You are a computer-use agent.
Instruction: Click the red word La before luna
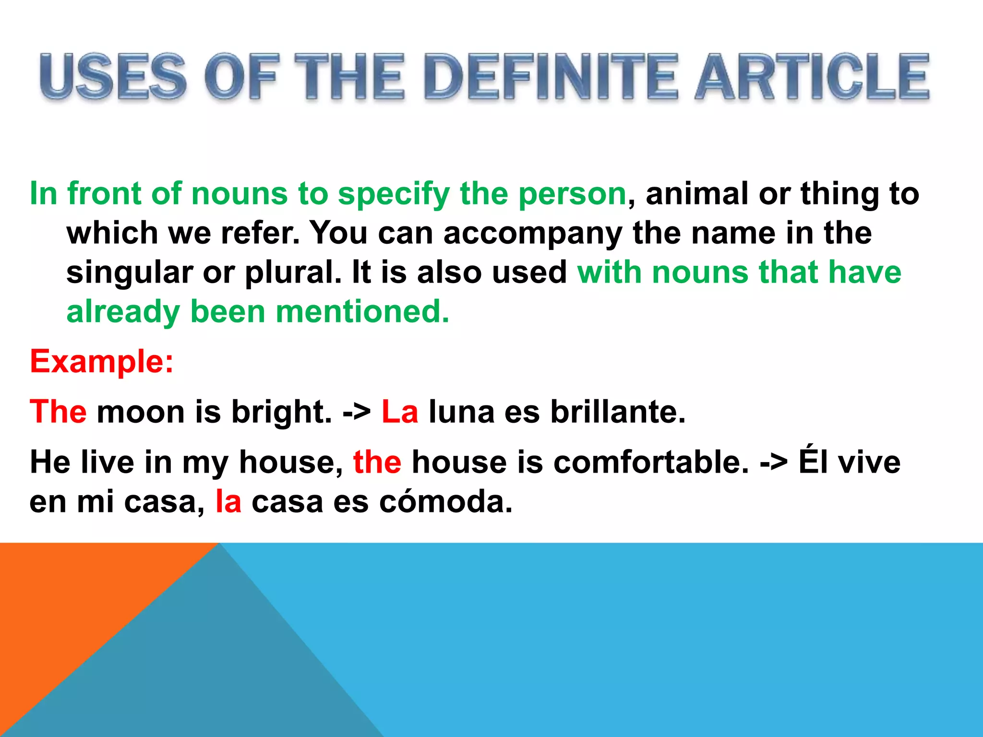click(400, 412)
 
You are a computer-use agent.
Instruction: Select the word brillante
click(618, 412)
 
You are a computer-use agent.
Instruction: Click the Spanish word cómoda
click(446, 502)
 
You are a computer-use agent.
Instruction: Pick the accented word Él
click(813, 462)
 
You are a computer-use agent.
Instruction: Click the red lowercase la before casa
click(228, 502)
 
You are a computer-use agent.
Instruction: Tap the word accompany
click(532, 234)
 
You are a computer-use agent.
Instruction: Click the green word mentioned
click(362, 312)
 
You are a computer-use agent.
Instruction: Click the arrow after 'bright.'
click(357, 413)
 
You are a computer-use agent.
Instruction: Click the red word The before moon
click(58, 412)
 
